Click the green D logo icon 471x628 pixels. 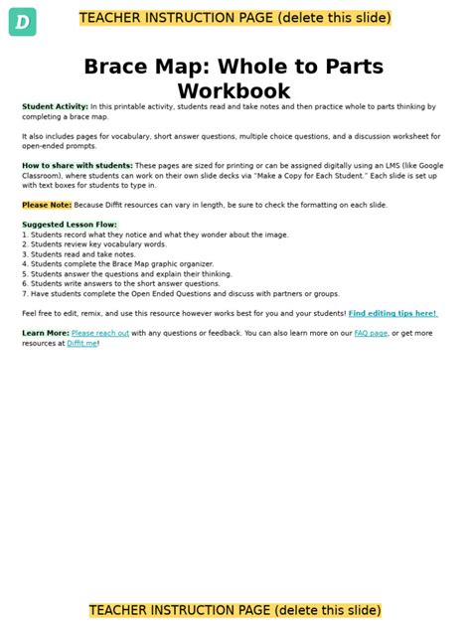(22, 21)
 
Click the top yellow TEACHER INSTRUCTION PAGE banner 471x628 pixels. (235, 18)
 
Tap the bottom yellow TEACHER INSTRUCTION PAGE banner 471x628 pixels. (235, 610)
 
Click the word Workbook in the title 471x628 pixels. (234, 91)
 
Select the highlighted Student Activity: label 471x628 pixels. (55, 106)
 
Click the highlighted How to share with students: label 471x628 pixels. (78, 165)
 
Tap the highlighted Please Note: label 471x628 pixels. (46, 205)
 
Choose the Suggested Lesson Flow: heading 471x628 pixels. (70, 225)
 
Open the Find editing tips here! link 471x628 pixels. (392, 313)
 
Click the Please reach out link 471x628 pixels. (99, 333)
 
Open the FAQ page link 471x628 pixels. (371, 333)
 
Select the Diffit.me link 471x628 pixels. (82, 343)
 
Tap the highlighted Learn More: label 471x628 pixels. (46, 333)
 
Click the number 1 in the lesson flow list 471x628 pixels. (24, 235)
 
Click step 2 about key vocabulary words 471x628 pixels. (94, 244)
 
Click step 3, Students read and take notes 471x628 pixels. (79, 254)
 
